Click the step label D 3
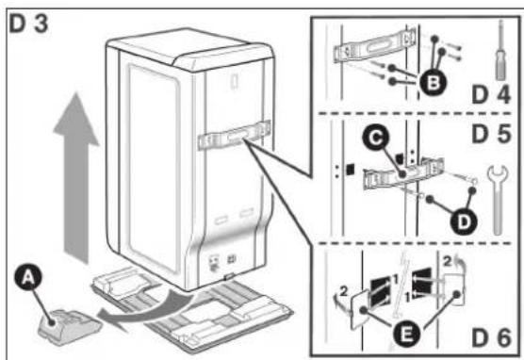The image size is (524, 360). point(28,24)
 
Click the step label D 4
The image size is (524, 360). point(491,94)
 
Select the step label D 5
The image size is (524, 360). point(491,134)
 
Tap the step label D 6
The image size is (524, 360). point(491,337)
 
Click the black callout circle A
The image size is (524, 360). point(28,278)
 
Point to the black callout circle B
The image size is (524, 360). point(434,83)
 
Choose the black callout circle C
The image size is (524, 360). point(377,138)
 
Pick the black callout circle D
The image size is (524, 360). point(464,221)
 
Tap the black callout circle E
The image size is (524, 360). point(405,335)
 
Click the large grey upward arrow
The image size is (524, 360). point(76,177)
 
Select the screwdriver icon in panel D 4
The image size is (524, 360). point(499,50)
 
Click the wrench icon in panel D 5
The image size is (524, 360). point(498,201)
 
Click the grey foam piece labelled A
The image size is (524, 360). point(69,327)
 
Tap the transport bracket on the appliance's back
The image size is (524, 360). point(234,135)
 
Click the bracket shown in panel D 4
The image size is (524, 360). point(374,46)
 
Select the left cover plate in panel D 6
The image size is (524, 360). point(360,309)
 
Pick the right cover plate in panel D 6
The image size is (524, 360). point(454,288)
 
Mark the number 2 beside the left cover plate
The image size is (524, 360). point(344,291)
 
